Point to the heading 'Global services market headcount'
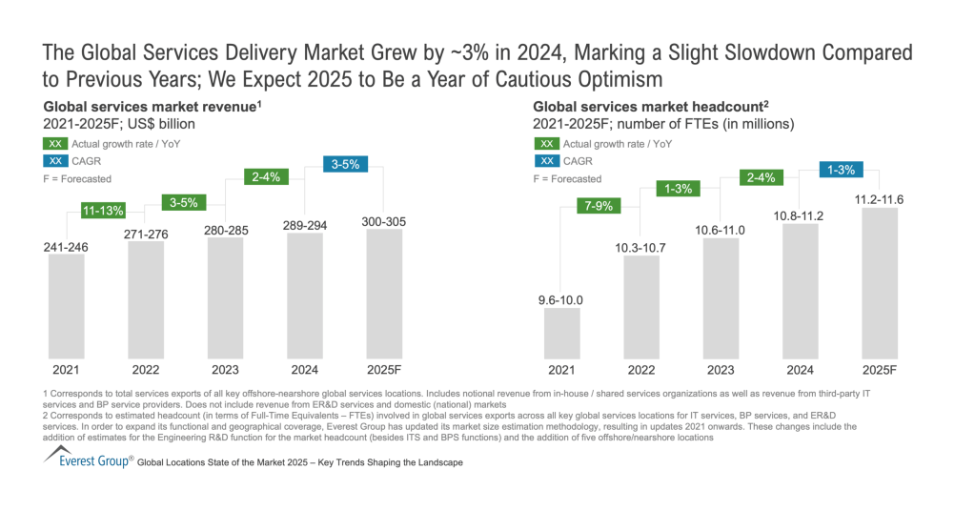pyautogui.click(x=644, y=108)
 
